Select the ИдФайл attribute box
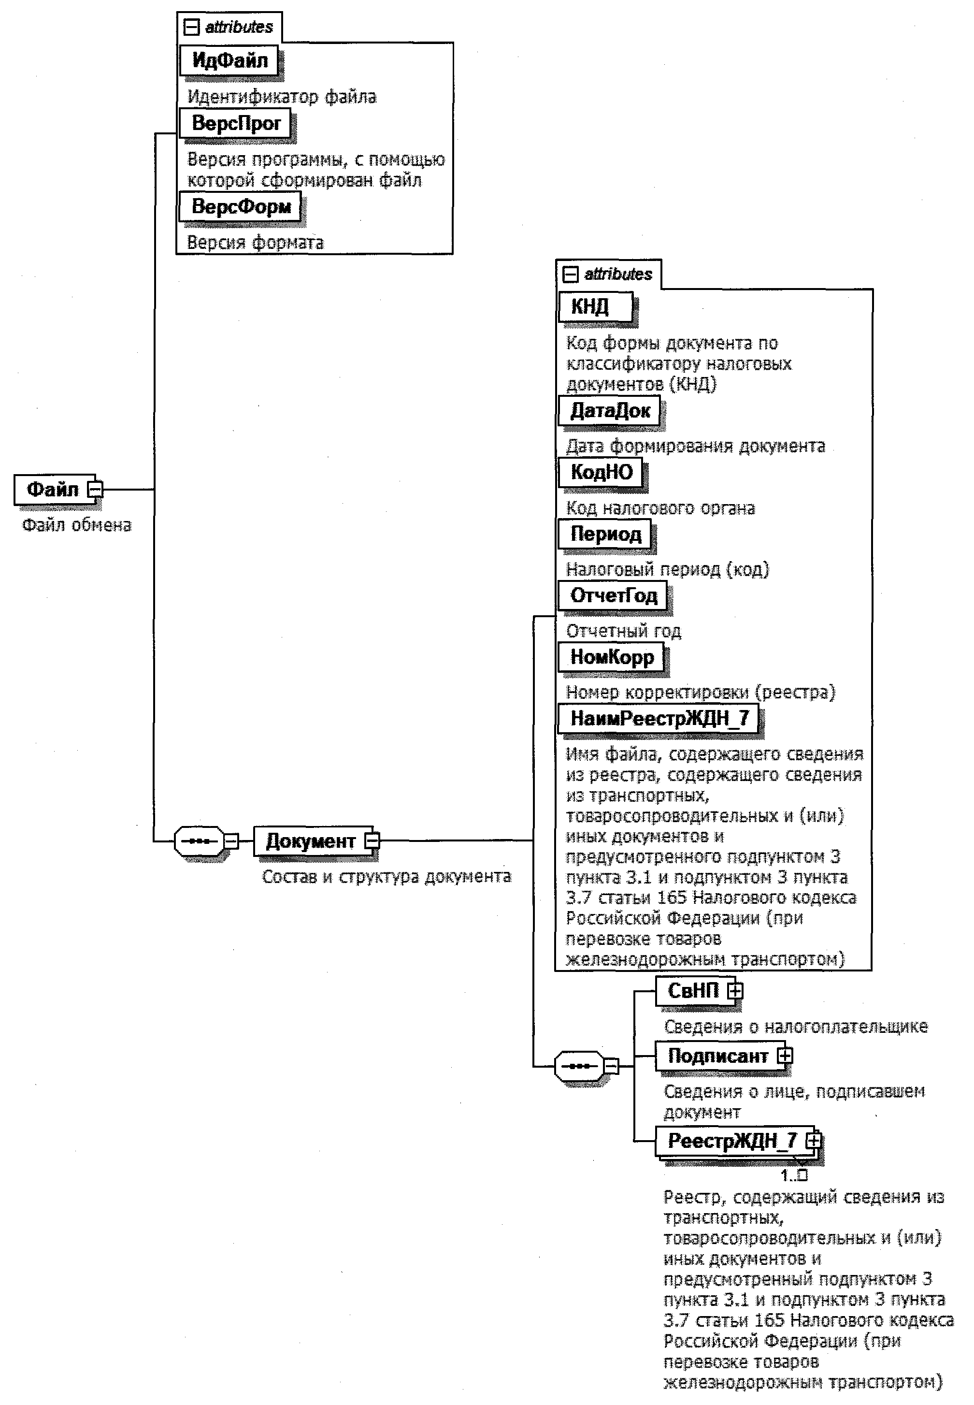229,60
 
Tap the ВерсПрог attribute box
236,123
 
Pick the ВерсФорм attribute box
241,206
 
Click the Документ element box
310,841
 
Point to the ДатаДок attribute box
610,410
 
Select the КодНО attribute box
601,472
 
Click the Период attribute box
605,534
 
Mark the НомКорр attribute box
612,657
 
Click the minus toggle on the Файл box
95,489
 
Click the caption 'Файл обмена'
77,525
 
